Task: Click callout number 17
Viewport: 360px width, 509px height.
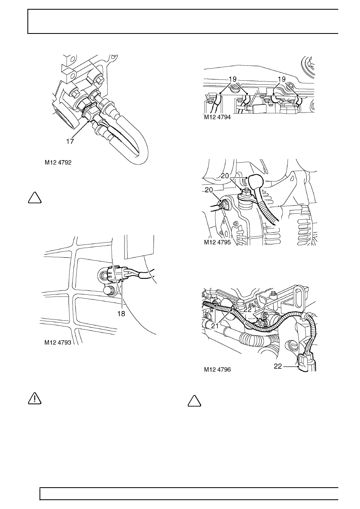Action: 71,142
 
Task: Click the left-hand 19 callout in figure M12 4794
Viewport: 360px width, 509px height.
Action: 233,79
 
